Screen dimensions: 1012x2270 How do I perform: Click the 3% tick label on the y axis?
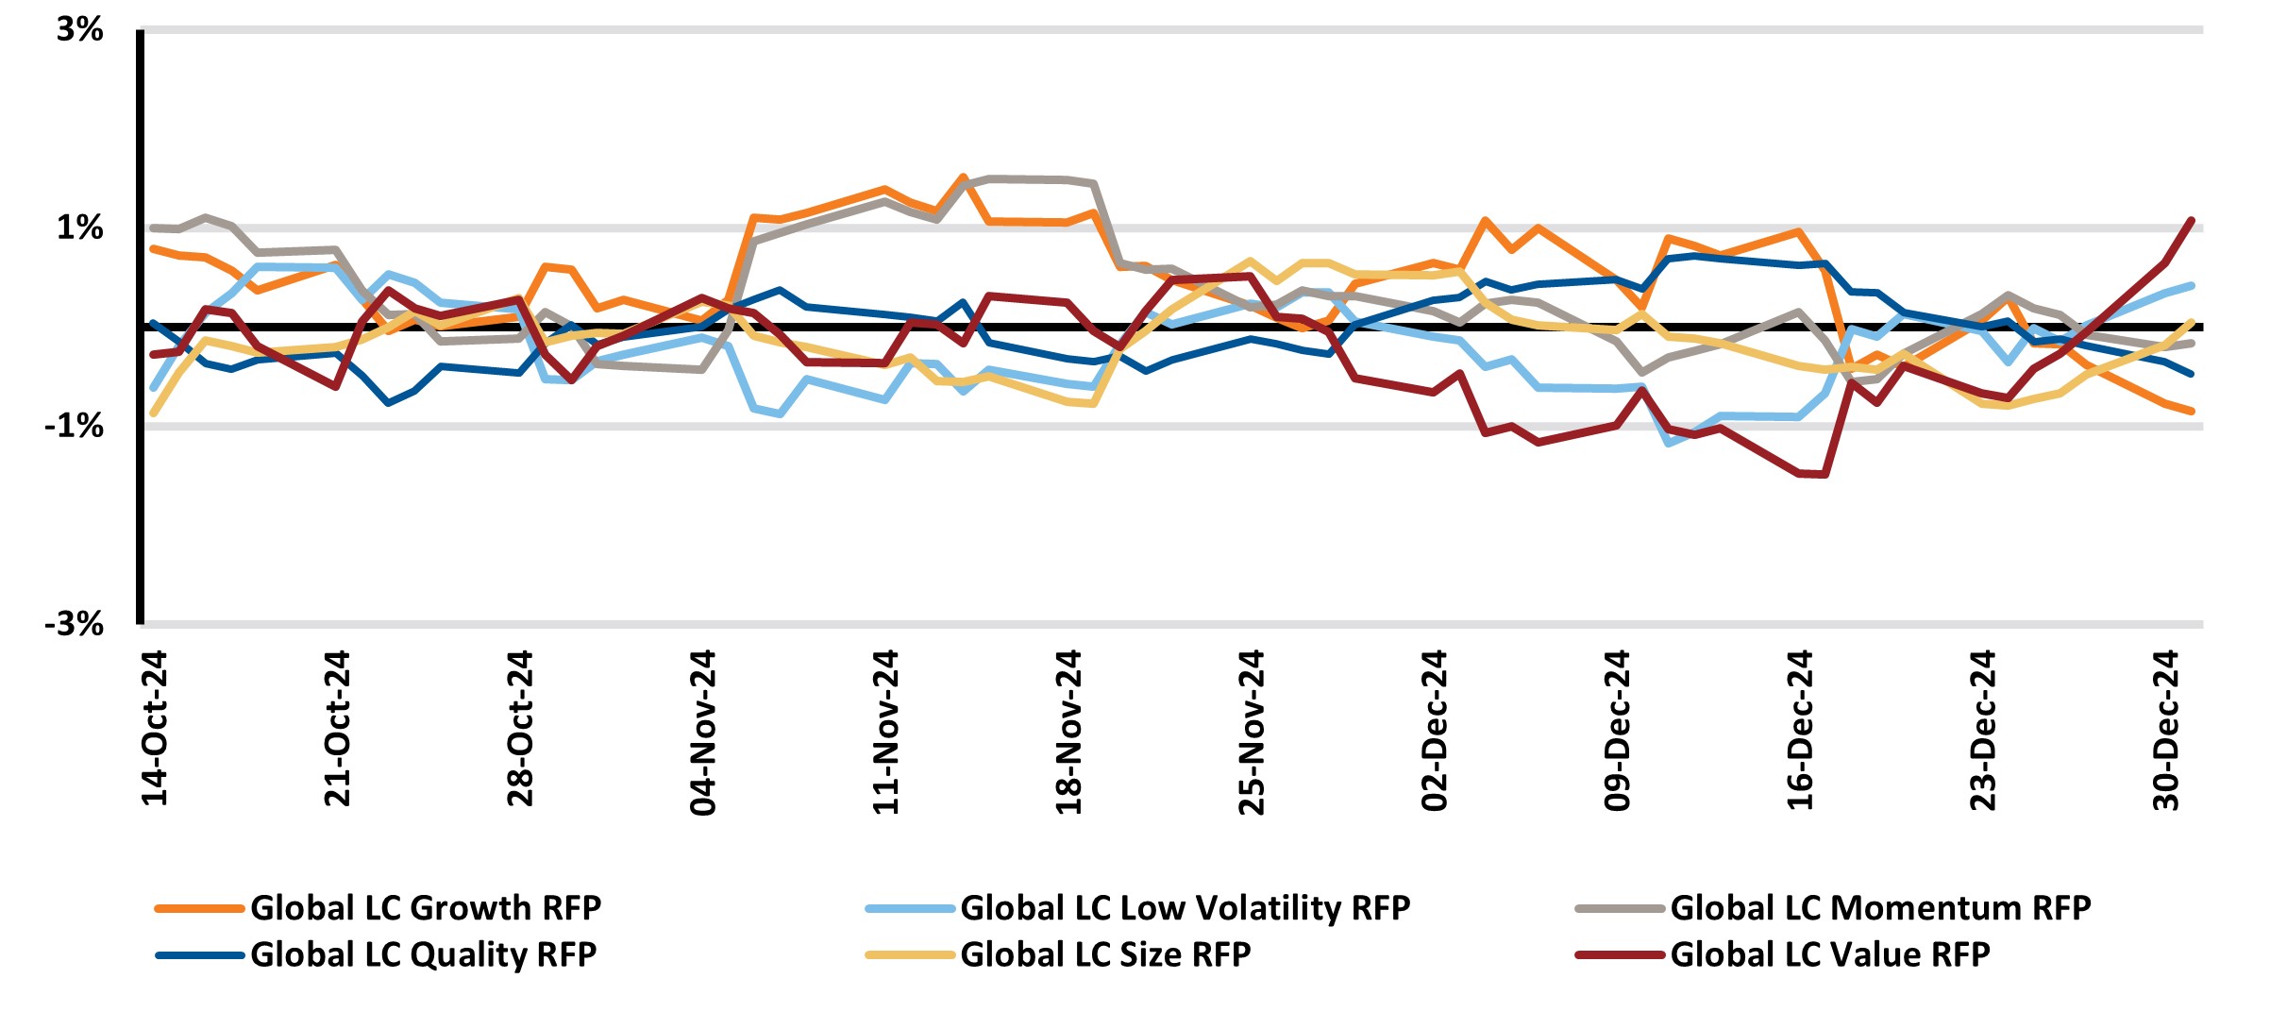pos(79,30)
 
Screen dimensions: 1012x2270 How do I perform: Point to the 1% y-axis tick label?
pos(79,228)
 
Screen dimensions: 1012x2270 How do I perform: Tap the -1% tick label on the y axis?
pos(74,427)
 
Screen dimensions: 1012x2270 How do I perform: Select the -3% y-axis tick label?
pos(74,624)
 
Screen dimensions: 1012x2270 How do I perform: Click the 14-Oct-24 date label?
pos(155,728)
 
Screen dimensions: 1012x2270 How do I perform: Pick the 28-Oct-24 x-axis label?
pos(521,728)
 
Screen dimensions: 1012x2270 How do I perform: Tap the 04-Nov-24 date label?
pos(704,732)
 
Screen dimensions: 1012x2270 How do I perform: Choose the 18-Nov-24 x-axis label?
pos(1070,732)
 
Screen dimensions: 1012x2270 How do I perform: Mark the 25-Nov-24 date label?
pos(1253,732)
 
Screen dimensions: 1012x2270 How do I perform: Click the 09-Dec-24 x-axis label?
pos(1619,730)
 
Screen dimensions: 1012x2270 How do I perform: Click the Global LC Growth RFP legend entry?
pos(426,908)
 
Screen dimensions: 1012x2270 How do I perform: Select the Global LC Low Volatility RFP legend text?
pos(1185,908)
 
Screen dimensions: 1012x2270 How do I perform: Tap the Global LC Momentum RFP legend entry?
pos(1880,908)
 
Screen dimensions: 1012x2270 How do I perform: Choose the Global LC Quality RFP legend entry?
pos(423,955)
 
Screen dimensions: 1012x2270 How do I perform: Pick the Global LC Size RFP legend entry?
pos(1105,955)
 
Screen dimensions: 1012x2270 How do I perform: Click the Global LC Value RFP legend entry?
pos(1829,955)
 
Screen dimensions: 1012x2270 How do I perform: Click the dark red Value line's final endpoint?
pos(2191,220)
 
